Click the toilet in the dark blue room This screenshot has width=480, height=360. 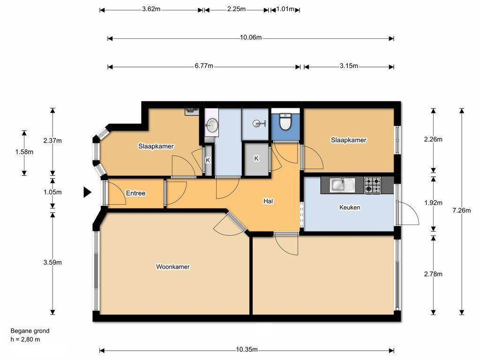pos(285,121)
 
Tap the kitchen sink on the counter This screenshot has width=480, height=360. pos(342,185)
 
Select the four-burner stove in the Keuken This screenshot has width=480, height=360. pos(373,185)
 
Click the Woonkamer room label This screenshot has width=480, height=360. pos(173,267)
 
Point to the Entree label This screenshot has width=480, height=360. pos(135,193)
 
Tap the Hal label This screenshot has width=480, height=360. pos(268,201)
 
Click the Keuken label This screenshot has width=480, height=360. pos(350,207)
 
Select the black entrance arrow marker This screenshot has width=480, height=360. pos(88,193)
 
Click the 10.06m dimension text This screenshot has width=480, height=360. pos(251,37)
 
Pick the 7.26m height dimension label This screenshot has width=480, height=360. pos(462,210)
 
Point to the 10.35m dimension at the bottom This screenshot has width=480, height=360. pos(247,349)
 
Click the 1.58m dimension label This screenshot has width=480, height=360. pos(24,152)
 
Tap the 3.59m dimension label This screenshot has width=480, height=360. pos(52,262)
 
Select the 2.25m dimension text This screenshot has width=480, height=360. pos(236,9)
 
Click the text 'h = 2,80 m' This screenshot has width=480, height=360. pos(25,339)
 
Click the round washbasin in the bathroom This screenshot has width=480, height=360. pos(212,124)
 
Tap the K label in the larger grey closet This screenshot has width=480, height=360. pos(256,158)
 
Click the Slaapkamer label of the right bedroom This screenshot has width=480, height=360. pos(348,140)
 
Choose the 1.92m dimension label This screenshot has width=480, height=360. pos(433,202)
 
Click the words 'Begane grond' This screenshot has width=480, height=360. pos(30,330)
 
